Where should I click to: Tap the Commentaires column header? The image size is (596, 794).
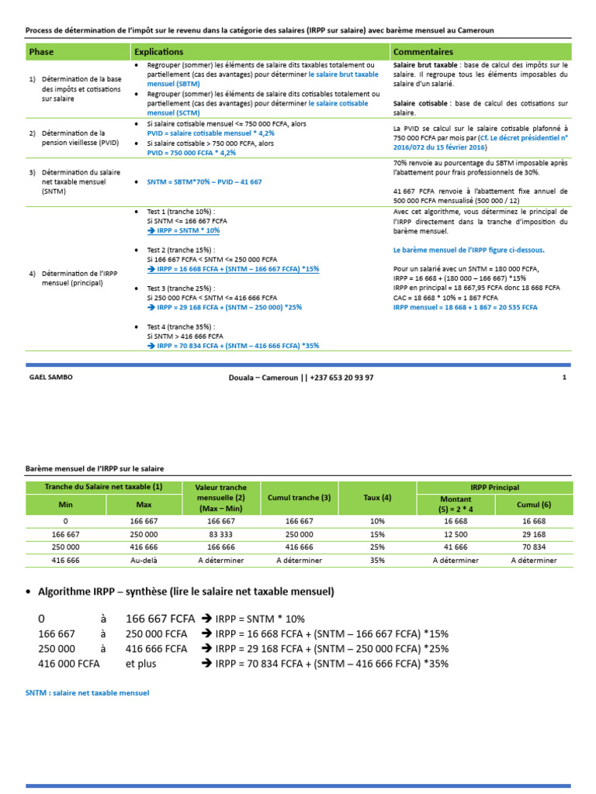pyautogui.click(x=423, y=51)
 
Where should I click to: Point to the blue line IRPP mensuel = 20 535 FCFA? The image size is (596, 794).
pyautogui.click(x=465, y=307)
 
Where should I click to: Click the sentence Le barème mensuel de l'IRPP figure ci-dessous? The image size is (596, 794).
pyautogui.click(x=469, y=250)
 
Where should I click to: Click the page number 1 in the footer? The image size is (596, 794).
pyautogui.click(x=564, y=378)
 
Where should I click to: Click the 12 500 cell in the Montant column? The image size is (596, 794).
pyautogui.click(x=456, y=534)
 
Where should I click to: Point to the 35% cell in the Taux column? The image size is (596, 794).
pyautogui.click(x=377, y=560)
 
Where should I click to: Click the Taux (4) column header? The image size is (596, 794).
pyautogui.click(x=377, y=497)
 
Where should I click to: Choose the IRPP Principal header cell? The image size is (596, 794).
pyautogui.click(x=494, y=487)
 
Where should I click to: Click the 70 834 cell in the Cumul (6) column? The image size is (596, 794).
pyautogui.click(x=533, y=547)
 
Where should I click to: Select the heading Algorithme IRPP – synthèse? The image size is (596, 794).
pyautogui.click(x=186, y=592)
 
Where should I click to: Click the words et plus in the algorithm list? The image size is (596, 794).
pyautogui.click(x=141, y=664)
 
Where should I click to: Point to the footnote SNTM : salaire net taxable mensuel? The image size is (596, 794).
pyautogui.click(x=87, y=692)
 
